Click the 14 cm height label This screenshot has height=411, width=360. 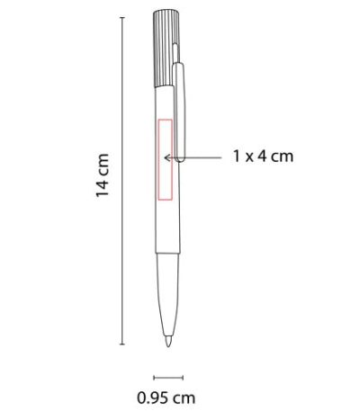102,174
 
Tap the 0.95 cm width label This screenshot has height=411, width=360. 166,398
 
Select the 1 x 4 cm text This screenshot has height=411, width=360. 263,156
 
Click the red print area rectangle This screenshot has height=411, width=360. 158,159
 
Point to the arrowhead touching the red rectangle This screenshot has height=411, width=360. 167,157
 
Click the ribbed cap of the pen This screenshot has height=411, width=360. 166,49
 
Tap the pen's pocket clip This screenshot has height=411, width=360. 179,112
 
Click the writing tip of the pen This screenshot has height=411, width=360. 168,342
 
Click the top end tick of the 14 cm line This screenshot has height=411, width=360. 122,18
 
